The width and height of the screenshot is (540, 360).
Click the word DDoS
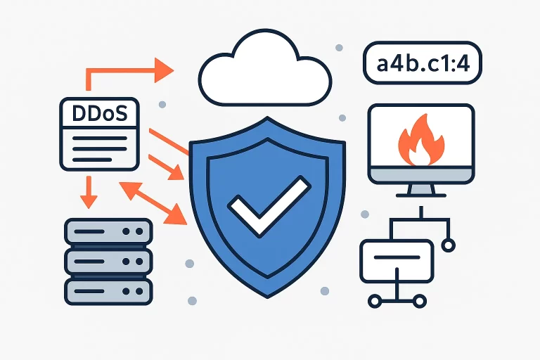(100, 113)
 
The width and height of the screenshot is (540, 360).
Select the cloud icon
(265, 68)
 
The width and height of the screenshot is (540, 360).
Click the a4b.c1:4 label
(423, 63)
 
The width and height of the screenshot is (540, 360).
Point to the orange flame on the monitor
(421, 141)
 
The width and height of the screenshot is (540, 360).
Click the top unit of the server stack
(108, 231)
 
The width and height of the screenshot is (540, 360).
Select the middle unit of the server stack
(108, 262)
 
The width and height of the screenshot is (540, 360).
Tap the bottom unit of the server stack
(108, 291)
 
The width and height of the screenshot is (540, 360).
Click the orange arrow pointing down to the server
(89, 192)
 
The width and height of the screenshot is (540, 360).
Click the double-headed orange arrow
(153, 202)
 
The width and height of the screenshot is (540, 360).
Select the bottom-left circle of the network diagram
(375, 302)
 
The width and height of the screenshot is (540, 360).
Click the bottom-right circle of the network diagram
(420, 302)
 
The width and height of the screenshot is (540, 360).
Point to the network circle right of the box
(449, 245)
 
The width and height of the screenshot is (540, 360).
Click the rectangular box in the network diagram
(397, 261)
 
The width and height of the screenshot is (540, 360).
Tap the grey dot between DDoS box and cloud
(162, 104)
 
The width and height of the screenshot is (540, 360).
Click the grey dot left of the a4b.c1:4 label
(339, 48)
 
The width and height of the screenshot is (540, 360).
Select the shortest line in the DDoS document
(92, 160)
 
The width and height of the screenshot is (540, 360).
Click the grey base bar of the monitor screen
(421, 174)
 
